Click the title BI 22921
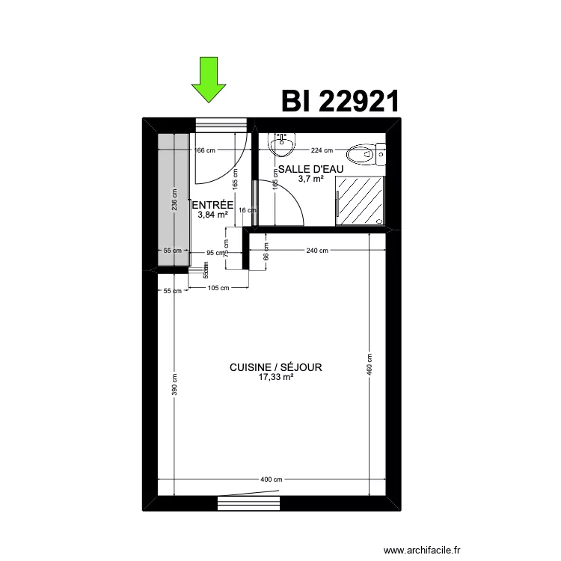pos(340,100)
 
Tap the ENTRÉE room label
pos(213,205)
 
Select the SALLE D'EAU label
pos(310,169)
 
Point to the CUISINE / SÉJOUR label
pos(275,367)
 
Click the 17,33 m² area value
pos(275,378)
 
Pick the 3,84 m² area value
pos(212,215)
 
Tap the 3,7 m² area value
pos(310,179)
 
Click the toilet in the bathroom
pos(373,153)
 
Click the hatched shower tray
pos(361,200)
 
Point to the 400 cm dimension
pos(272,479)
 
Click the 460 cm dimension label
pos(370,364)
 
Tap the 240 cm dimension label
pos(317,251)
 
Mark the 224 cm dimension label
pos(322,150)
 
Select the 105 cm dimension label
pos(218,288)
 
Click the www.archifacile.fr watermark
pos(422,551)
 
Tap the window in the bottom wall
pos(248,503)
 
